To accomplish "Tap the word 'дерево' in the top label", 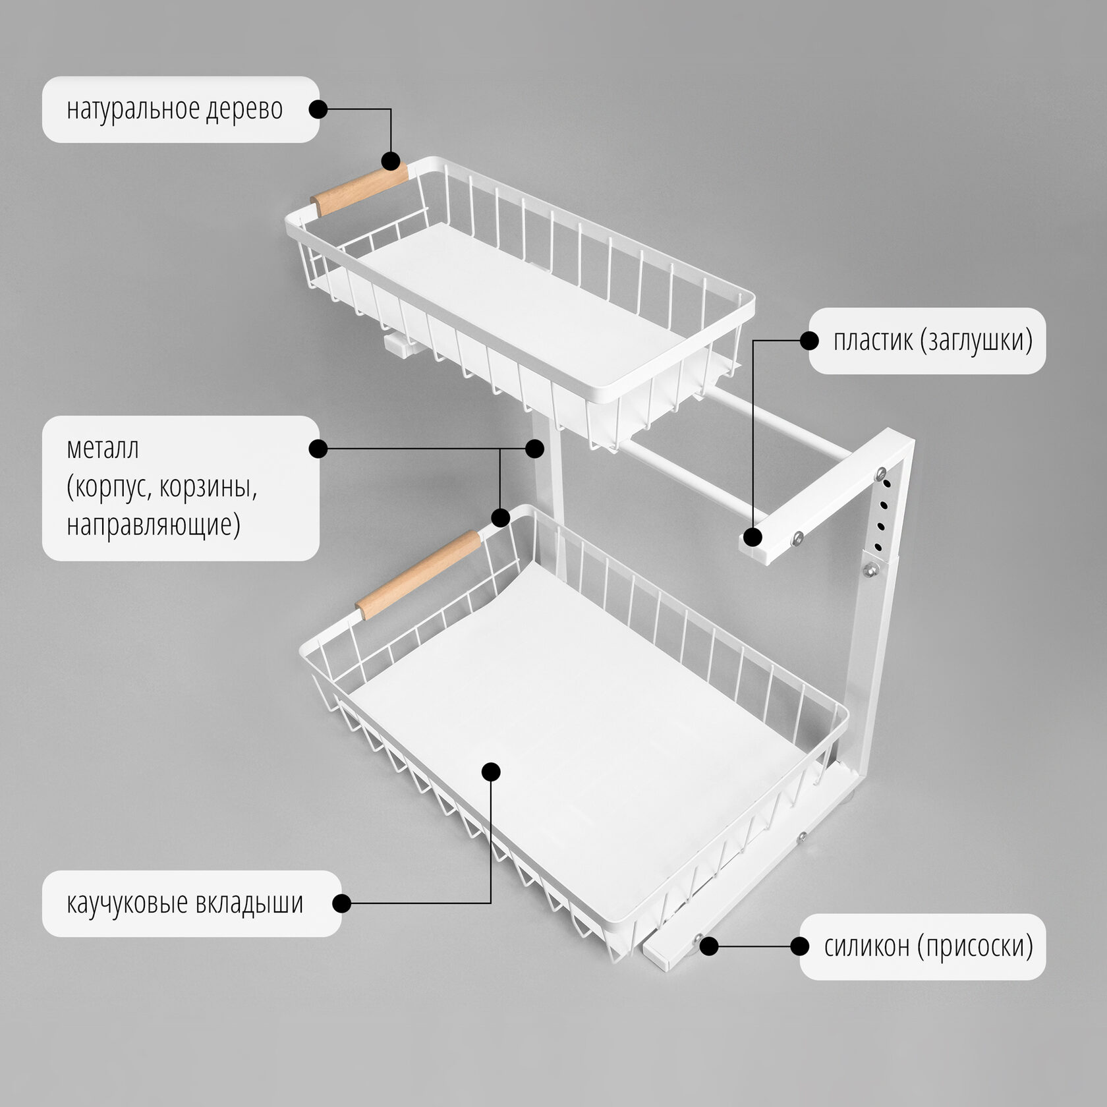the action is click(244, 110).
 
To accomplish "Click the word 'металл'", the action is click(103, 449).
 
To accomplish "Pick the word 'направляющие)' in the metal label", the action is click(154, 525).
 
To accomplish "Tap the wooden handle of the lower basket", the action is click(418, 575).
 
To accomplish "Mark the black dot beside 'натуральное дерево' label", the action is click(318, 109).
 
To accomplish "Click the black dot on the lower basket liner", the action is click(491, 772).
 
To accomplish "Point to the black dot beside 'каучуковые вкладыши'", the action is click(341, 903).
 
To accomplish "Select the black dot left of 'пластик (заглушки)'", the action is click(809, 341).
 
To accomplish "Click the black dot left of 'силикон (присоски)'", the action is click(799, 947).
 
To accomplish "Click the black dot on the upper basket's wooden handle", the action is click(391, 161).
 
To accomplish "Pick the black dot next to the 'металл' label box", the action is click(318, 449).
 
